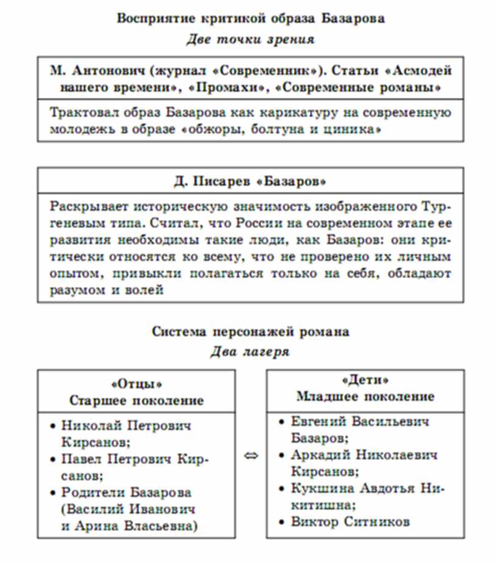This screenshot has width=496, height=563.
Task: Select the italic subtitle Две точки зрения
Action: (x=250, y=40)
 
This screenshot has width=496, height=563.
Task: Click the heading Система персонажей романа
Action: (x=250, y=332)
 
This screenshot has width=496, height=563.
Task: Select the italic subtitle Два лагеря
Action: (x=250, y=352)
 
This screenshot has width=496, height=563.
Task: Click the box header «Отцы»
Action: (x=136, y=384)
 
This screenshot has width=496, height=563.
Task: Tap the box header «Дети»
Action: (x=365, y=380)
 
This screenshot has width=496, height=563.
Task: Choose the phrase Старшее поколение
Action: (x=136, y=401)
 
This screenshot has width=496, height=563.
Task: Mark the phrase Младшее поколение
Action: (x=365, y=396)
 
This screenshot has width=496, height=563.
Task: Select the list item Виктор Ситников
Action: (x=350, y=521)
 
